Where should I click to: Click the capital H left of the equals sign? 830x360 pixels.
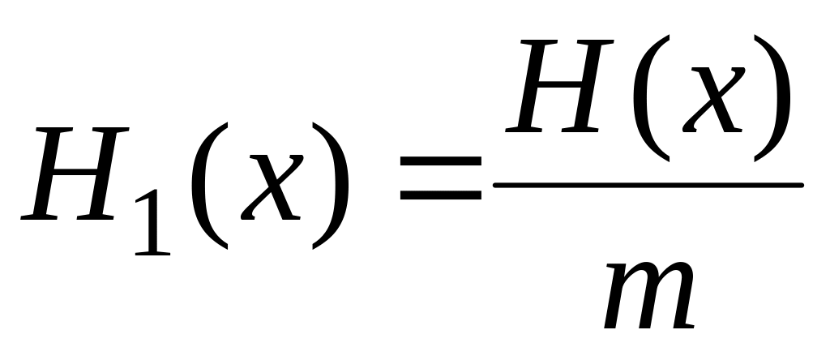pyautogui.click(x=75, y=174)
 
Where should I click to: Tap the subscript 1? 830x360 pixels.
pyautogui.click(x=153, y=222)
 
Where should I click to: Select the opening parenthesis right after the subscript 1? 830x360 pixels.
pyautogui.click(x=210, y=186)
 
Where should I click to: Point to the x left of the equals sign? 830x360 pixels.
pyautogui.click(x=272, y=187)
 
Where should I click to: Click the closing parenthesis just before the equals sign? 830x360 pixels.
pyautogui.click(x=331, y=186)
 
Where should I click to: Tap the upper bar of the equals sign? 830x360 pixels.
pyautogui.click(x=440, y=161)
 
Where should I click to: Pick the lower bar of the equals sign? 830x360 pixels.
pyautogui.click(x=440, y=195)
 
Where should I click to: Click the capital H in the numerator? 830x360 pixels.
pyautogui.click(x=560, y=86)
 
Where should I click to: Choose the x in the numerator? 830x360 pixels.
pyautogui.click(x=713, y=100)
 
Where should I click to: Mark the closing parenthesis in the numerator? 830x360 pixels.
pyautogui.click(x=772, y=98)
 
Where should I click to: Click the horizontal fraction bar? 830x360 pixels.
pyautogui.click(x=648, y=185)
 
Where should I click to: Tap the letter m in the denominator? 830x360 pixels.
pyautogui.click(x=649, y=295)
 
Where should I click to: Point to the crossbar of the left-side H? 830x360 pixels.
pyautogui.click(x=74, y=172)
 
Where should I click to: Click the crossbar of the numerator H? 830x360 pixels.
pyautogui.click(x=559, y=84)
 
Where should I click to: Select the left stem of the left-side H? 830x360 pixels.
pyautogui.click(x=46, y=174)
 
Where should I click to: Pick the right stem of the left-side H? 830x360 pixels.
pyautogui.click(x=103, y=174)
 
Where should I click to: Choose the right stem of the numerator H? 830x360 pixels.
pyautogui.click(x=588, y=86)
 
